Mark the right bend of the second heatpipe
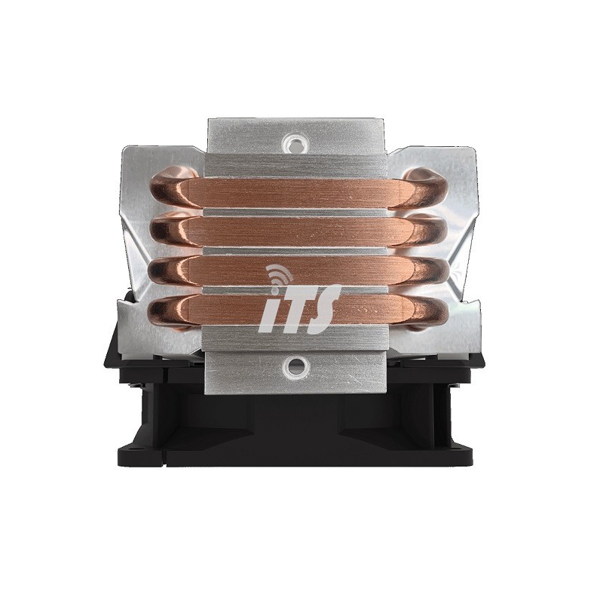(433, 230)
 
